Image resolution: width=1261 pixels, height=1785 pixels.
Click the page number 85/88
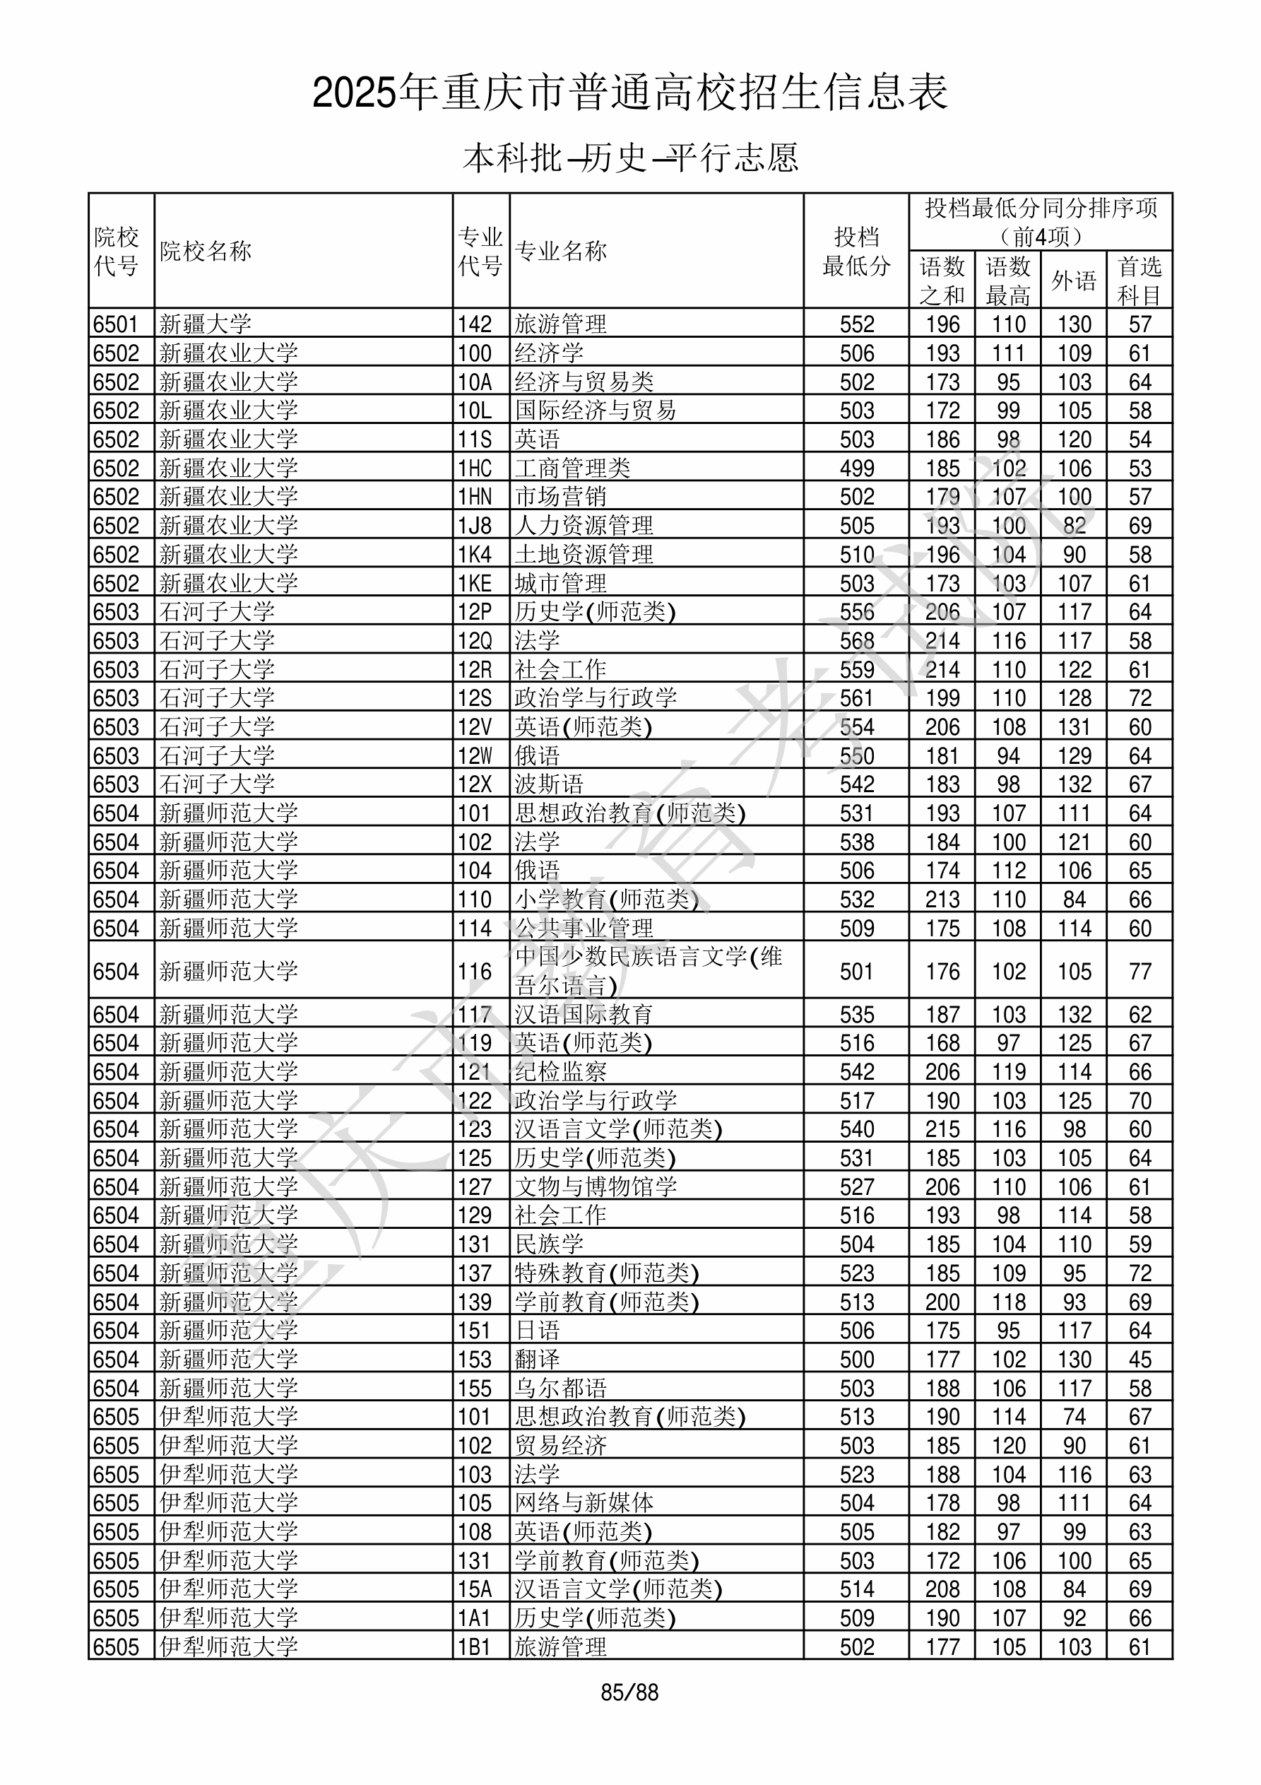click(629, 1692)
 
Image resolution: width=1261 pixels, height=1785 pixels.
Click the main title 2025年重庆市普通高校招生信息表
click(629, 93)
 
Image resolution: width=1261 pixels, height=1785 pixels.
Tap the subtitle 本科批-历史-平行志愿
click(629, 158)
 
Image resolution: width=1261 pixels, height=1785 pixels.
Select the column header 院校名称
click(206, 251)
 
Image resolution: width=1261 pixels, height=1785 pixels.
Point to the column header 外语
click(1074, 281)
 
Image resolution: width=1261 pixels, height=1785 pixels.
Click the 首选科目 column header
click(1139, 281)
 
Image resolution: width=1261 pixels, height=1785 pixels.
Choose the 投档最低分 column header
click(856, 251)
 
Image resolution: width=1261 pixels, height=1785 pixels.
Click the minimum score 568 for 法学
click(857, 642)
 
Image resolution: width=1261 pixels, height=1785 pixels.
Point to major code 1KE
click(474, 584)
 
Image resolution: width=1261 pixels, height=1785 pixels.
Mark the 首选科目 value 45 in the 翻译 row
click(1139, 1360)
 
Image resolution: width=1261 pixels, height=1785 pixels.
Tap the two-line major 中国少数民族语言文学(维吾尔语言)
click(649, 971)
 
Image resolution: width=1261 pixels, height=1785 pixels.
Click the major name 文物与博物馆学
click(595, 1187)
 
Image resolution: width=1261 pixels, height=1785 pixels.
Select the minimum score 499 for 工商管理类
click(857, 469)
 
